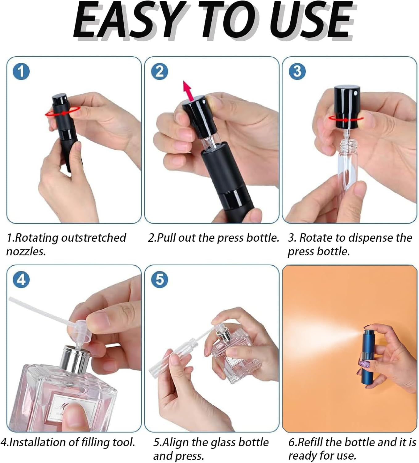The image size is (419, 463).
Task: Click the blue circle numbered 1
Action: pyautogui.click(x=21, y=72)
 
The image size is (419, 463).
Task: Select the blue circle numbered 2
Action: pyautogui.click(x=160, y=72)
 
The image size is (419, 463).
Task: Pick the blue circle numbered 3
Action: pyautogui.click(x=297, y=71)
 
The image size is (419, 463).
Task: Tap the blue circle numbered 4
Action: pyautogui.click(x=21, y=280)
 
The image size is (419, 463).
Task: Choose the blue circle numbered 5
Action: pyautogui.click(x=160, y=280)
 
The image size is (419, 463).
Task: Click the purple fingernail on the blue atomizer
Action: pyautogui.click(x=366, y=364)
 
